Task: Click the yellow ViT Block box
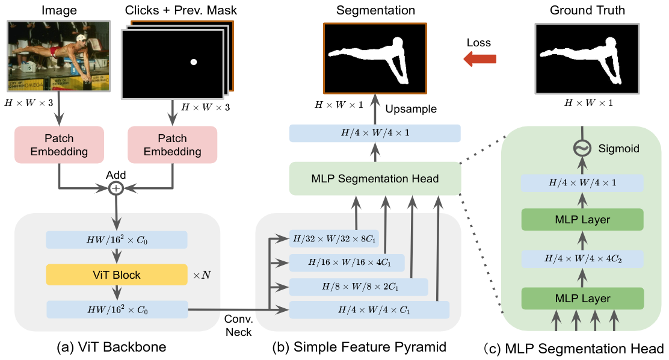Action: pos(117,275)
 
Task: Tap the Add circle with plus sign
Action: pos(116,188)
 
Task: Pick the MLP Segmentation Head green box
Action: pos(375,178)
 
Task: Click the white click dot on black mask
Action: pos(193,62)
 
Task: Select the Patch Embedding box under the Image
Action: pos(59,145)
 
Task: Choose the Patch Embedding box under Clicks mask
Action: pos(173,145)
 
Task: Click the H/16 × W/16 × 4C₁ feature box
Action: pos(347,262)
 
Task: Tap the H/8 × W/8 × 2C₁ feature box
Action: pos(359,287)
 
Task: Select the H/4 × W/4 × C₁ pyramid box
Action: pos(369,310)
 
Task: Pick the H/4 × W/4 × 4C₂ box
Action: pos(582,259)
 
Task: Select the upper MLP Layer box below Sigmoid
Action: pos(582,220)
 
